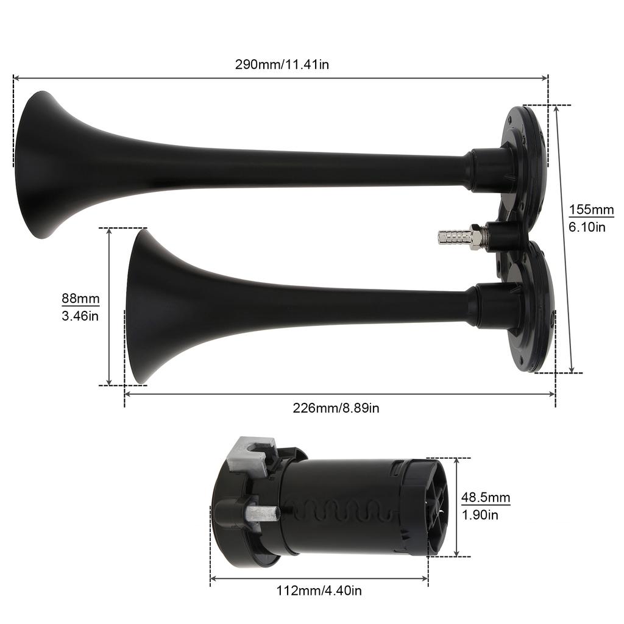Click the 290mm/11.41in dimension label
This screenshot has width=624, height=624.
coord(282,64)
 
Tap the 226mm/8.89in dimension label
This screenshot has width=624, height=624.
coord(336,408)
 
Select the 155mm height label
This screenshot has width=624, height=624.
coord(591,210)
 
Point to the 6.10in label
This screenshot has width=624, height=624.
coord(587,227)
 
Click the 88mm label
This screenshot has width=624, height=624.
coord(80,299)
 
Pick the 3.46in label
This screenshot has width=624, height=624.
coord(80,316)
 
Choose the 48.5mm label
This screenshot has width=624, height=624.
coord(485,498)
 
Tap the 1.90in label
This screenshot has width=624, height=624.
coord(480,515)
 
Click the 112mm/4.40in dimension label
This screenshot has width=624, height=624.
coord(319,590)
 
